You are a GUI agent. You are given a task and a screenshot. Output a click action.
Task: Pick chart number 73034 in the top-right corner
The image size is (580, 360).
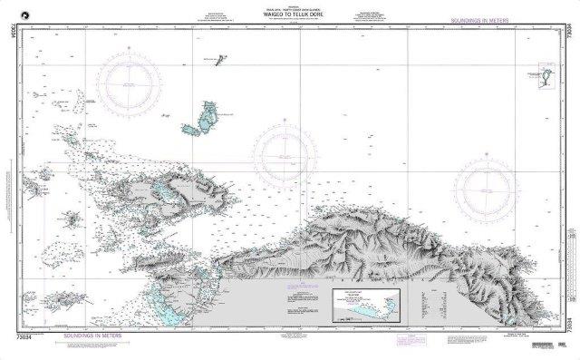click(568, 35)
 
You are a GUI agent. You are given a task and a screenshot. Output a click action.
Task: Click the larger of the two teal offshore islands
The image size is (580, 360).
click(209, 114)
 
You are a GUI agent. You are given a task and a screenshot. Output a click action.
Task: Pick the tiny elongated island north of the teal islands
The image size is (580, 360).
click(220, 62)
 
